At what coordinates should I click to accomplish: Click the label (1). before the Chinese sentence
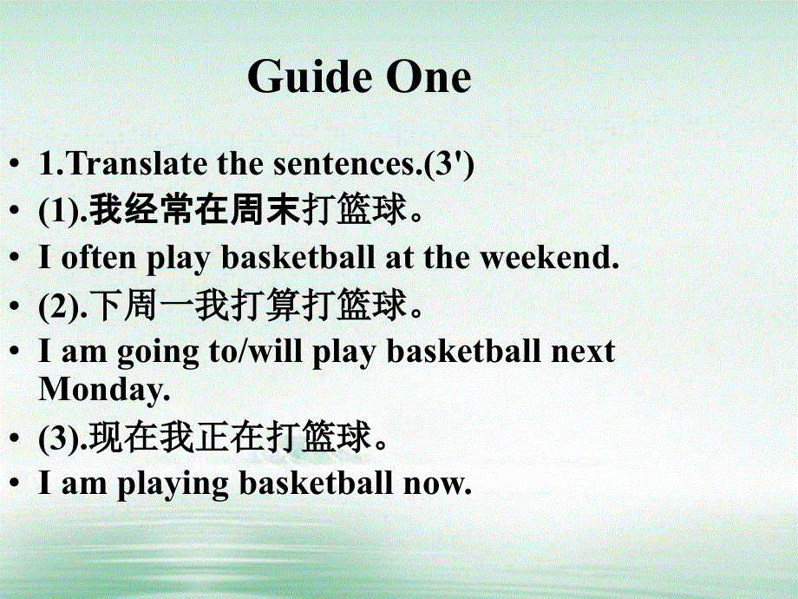[x=62, y=212]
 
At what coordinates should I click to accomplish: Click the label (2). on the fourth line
[x=62, y=306]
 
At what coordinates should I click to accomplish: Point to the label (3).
[x=62, y=438]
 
